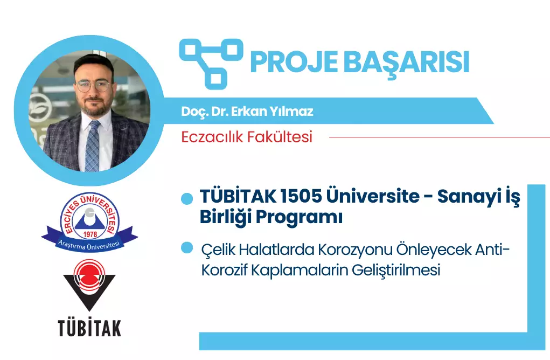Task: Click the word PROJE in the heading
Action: pos(294,62)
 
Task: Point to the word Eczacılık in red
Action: pos(212,137)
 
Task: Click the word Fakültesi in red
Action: pos(280,136)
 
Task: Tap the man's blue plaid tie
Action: pos(92,146)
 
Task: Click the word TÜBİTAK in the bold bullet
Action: pos(238,196)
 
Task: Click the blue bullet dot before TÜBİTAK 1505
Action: pos(187,199)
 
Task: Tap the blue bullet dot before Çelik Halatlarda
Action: pos(187,248)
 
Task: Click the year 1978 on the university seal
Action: pos(90,234)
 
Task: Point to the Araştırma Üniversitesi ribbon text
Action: pos(89,245)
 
